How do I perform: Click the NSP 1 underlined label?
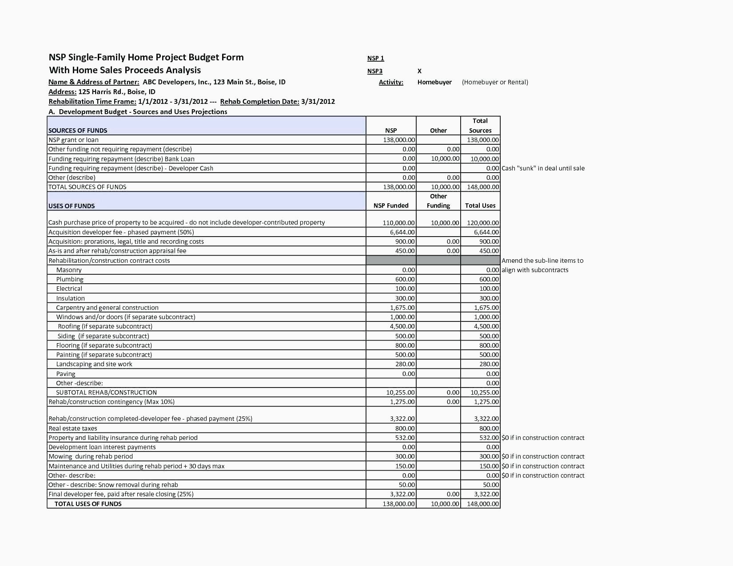point(375,58)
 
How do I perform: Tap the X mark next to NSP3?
point(419,71)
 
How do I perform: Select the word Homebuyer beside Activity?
point(434,82)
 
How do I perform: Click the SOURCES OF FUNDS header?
point(78,131)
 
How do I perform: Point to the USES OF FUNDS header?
point(72,206)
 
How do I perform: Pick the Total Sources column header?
point(480,126)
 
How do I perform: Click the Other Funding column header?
point(438,201)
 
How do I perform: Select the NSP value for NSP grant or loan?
point(399,140)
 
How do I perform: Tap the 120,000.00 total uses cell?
point(483,223)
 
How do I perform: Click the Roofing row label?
point(105,326)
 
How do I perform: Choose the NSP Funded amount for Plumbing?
point(405,279)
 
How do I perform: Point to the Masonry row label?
point(69,270)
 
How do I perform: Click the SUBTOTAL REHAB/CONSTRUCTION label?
point(106,392)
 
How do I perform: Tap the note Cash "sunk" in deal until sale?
point(543,168)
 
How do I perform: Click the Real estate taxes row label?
point(73,428)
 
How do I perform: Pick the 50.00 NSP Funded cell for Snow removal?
point(406,485)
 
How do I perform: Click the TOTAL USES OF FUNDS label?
point(88,504)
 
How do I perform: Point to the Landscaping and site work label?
point(94,364)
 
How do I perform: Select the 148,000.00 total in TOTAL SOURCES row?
point(483,187)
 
